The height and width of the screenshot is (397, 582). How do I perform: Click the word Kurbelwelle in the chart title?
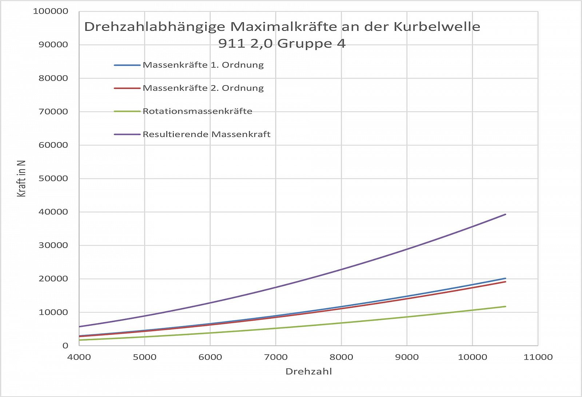437,27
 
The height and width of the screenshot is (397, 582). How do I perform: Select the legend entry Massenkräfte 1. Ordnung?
203,65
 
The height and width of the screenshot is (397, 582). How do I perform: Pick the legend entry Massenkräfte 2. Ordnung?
203,88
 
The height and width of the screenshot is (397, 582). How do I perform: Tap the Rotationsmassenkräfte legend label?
197,111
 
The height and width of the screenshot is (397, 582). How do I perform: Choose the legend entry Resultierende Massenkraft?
206,134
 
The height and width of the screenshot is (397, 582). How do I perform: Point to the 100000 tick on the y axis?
51,11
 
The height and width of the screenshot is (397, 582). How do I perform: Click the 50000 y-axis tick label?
53,179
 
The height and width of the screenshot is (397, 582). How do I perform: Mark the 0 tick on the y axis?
65,346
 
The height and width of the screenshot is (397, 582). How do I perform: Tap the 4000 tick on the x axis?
79,357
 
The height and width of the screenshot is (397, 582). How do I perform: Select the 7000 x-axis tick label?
276,357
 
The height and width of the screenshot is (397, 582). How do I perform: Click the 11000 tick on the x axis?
538,357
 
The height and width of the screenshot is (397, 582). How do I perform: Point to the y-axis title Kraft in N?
21,179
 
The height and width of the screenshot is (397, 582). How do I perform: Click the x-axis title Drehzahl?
308,371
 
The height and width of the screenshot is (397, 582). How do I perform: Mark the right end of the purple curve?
505,214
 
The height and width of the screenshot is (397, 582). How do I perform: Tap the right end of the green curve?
505,306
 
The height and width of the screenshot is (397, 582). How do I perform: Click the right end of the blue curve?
505,278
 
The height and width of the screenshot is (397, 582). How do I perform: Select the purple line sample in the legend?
127,134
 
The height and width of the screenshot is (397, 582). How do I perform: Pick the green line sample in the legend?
127,111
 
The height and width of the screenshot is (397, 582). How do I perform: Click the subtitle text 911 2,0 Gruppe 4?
282,44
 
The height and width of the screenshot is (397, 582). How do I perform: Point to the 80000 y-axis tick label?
53,78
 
